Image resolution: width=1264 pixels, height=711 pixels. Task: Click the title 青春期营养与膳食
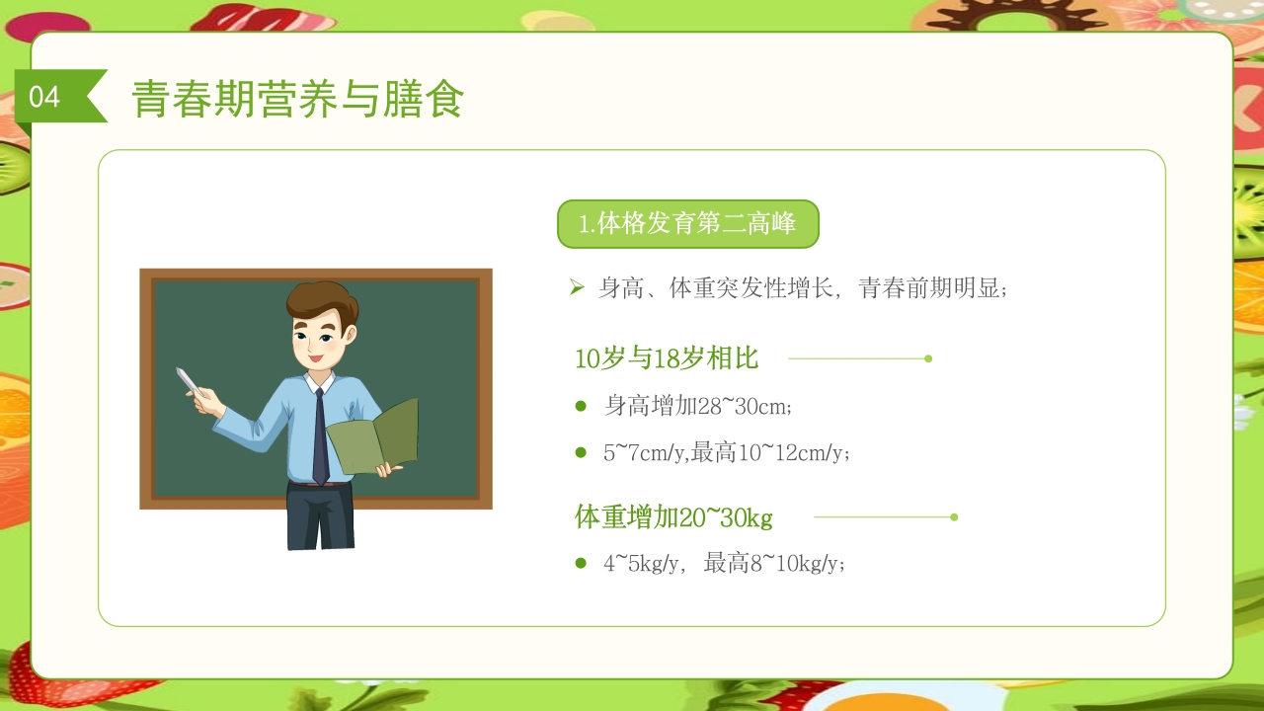[297, 99]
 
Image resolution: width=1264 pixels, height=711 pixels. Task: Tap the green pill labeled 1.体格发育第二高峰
[687, 224]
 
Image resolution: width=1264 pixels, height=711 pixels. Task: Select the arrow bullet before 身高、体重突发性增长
[577, 287]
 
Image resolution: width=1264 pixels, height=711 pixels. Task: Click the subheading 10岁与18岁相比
[667, 358]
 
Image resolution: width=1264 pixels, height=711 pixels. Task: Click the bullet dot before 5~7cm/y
[581, 452]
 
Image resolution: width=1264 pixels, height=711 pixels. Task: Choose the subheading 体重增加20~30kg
[673, 516]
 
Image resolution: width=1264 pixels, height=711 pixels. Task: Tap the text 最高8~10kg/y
[774, 564]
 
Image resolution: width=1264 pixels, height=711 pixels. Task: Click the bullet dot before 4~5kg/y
[581, 563]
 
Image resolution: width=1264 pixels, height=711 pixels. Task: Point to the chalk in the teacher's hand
[187, 380]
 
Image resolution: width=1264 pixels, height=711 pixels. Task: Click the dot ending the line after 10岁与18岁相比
[928, 358]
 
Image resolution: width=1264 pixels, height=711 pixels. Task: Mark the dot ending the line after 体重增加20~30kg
[954, 516]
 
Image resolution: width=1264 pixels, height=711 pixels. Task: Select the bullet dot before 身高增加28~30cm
[581, 406]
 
